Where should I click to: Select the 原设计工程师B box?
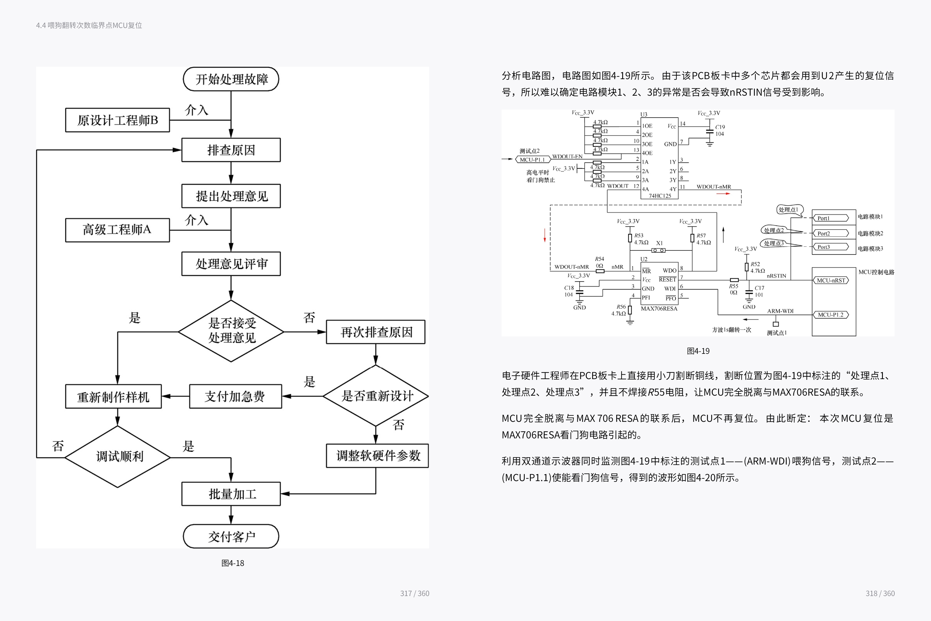[117, 120]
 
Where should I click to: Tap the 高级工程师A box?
[117, 230]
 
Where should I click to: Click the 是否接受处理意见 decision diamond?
[231, 331]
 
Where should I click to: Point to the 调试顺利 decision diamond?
[118, 457]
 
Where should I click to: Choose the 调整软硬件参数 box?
[377, 456]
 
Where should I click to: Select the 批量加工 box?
[231, 494]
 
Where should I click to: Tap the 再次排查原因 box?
[376, 332]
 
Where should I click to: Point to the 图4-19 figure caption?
[698, 351]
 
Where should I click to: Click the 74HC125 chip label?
[660, 196]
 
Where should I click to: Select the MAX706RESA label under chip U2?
[659, 308]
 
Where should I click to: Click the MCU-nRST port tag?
[831, 280]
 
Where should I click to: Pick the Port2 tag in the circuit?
[830, 233]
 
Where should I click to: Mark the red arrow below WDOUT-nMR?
[723, 194]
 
